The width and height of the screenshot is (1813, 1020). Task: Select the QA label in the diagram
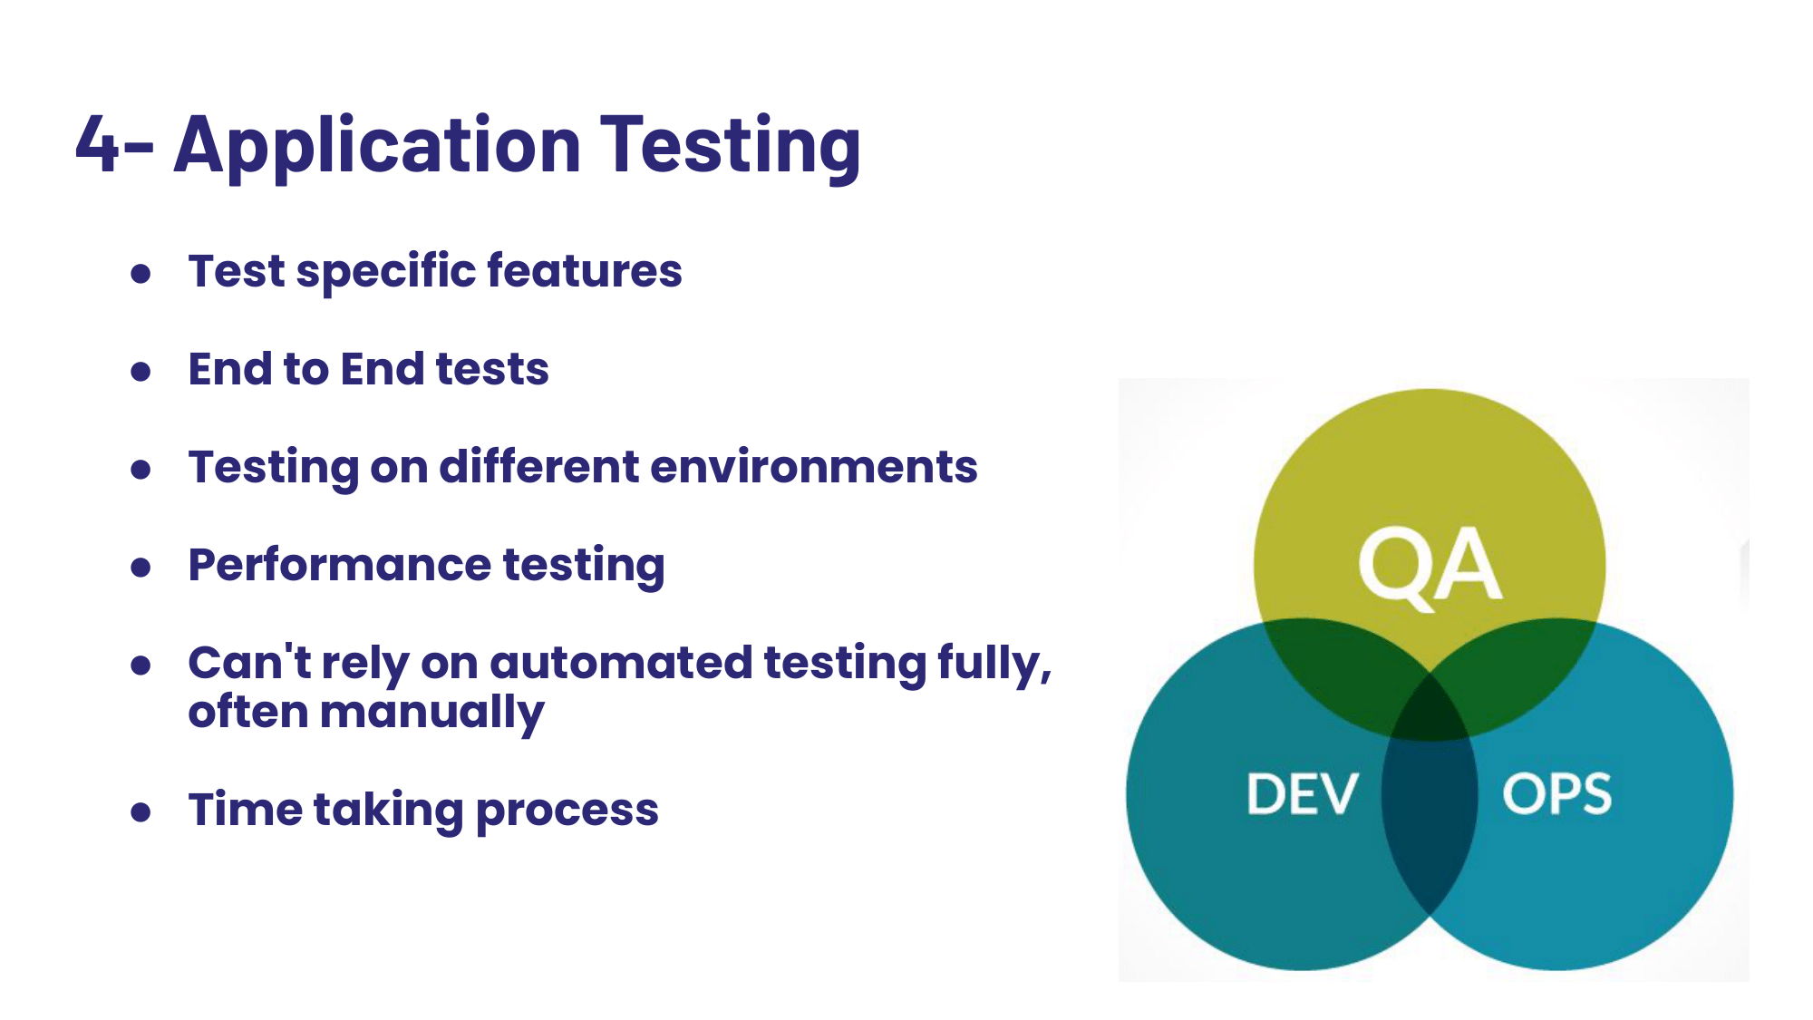1430,566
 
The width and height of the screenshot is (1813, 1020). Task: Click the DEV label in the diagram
1302,794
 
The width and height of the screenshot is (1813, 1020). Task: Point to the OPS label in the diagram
1556,794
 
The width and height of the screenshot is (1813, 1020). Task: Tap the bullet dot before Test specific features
141,273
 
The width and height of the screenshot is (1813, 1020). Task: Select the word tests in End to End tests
492,369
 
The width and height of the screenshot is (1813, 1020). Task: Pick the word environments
814,467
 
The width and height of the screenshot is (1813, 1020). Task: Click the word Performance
339,565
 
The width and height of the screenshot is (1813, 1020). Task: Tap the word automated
621,663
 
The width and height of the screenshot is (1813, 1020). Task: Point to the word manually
431,714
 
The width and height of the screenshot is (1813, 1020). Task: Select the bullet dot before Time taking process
141,811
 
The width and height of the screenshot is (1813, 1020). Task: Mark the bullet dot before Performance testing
141,567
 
